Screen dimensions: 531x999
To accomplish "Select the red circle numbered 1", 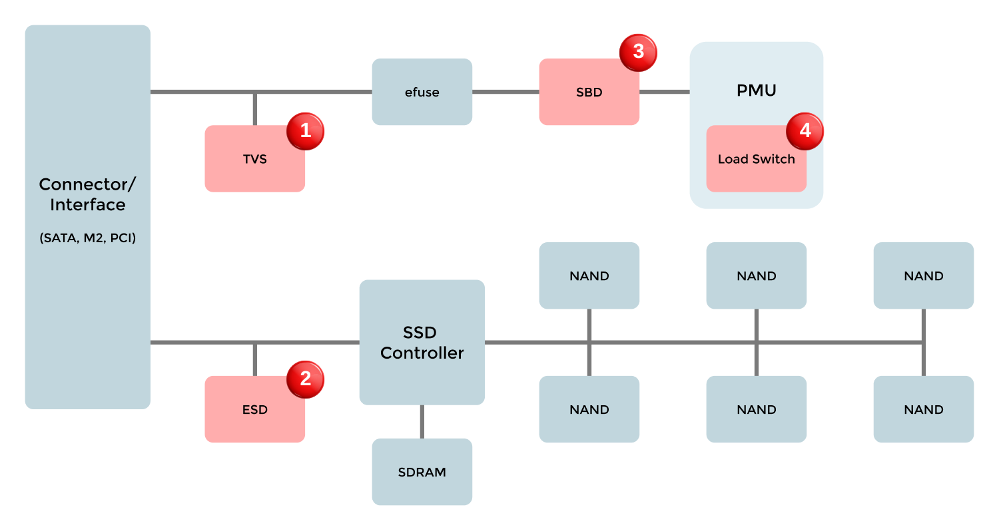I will [x=305, y=131].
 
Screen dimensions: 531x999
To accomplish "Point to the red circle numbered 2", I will [x=305, y=379].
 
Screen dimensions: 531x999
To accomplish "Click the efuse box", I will [x=422, y=92].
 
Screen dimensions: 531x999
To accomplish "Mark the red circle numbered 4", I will [x=805, y=130].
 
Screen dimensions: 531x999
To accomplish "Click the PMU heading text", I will [x=757, y=90].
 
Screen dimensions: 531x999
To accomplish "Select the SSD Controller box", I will [x=422, y=342].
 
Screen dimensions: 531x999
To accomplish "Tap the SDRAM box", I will [x=422, y=472].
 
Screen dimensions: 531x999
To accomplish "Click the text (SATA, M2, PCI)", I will [x=87, y=238].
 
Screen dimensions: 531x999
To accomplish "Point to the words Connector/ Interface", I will [x=87, y=194].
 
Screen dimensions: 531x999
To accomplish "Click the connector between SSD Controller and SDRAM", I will [x=422, y=421].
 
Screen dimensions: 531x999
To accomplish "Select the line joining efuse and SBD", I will [x=505, y=92].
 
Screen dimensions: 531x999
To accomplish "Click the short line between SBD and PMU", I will [x=664, y=92].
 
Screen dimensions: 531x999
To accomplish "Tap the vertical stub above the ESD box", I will [x=254, y=360].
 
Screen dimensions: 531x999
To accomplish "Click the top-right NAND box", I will [x=923, y=275].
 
